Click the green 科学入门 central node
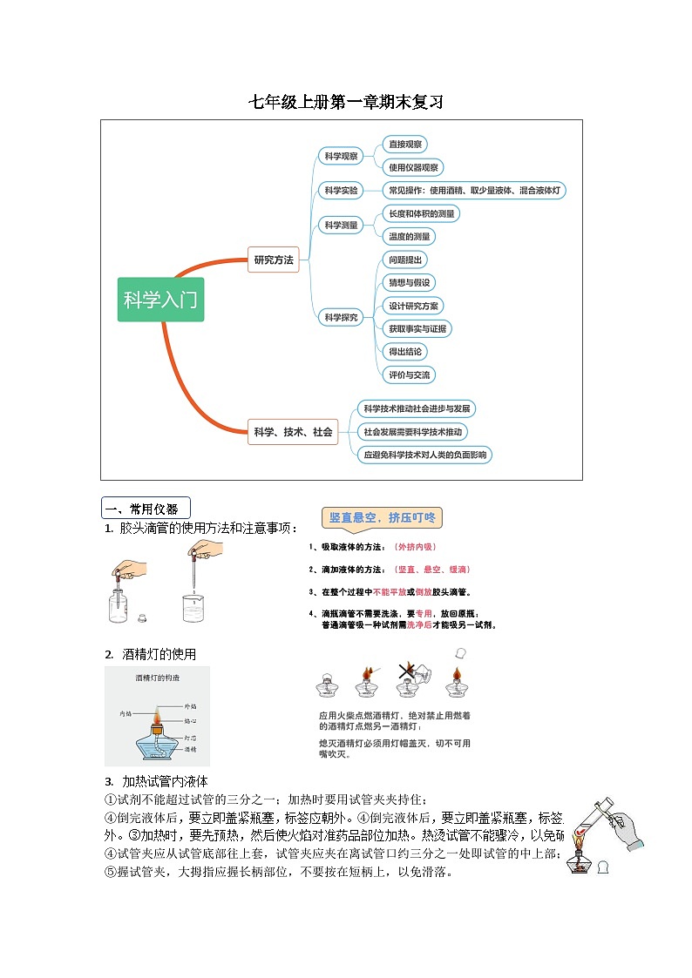pos(160,300)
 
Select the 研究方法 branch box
pos(274,260)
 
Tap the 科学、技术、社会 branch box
pos(293,431)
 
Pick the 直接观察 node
pos(404,145)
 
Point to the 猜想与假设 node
pos(408,282)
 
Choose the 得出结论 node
pos(405,352)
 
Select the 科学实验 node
pos(342,190)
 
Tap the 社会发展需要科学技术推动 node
pos(414,431)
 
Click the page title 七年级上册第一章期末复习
pos(346,103)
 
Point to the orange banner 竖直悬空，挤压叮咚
pos(382,518)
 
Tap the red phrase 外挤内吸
pos(416,547)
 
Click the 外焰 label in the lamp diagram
pos(190,705)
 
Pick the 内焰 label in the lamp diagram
pos(126,714)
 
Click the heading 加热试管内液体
pos(165,781)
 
